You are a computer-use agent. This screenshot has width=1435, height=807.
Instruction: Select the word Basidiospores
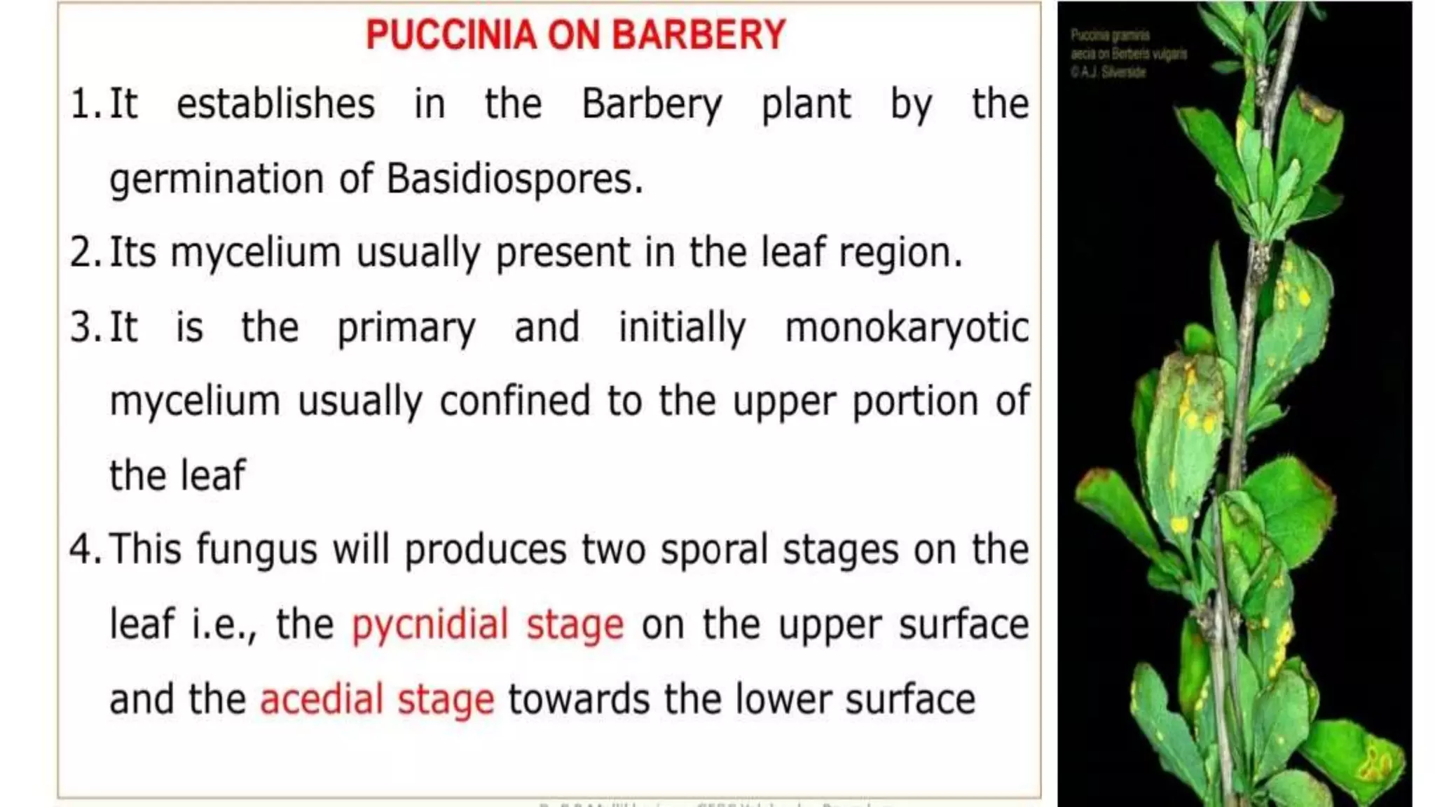point(514,179)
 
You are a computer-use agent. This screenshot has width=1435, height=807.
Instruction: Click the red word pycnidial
point(430,625)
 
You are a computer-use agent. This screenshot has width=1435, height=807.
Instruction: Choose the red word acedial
point(322,699)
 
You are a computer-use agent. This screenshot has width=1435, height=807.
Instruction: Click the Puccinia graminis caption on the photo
point(1110,35)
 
